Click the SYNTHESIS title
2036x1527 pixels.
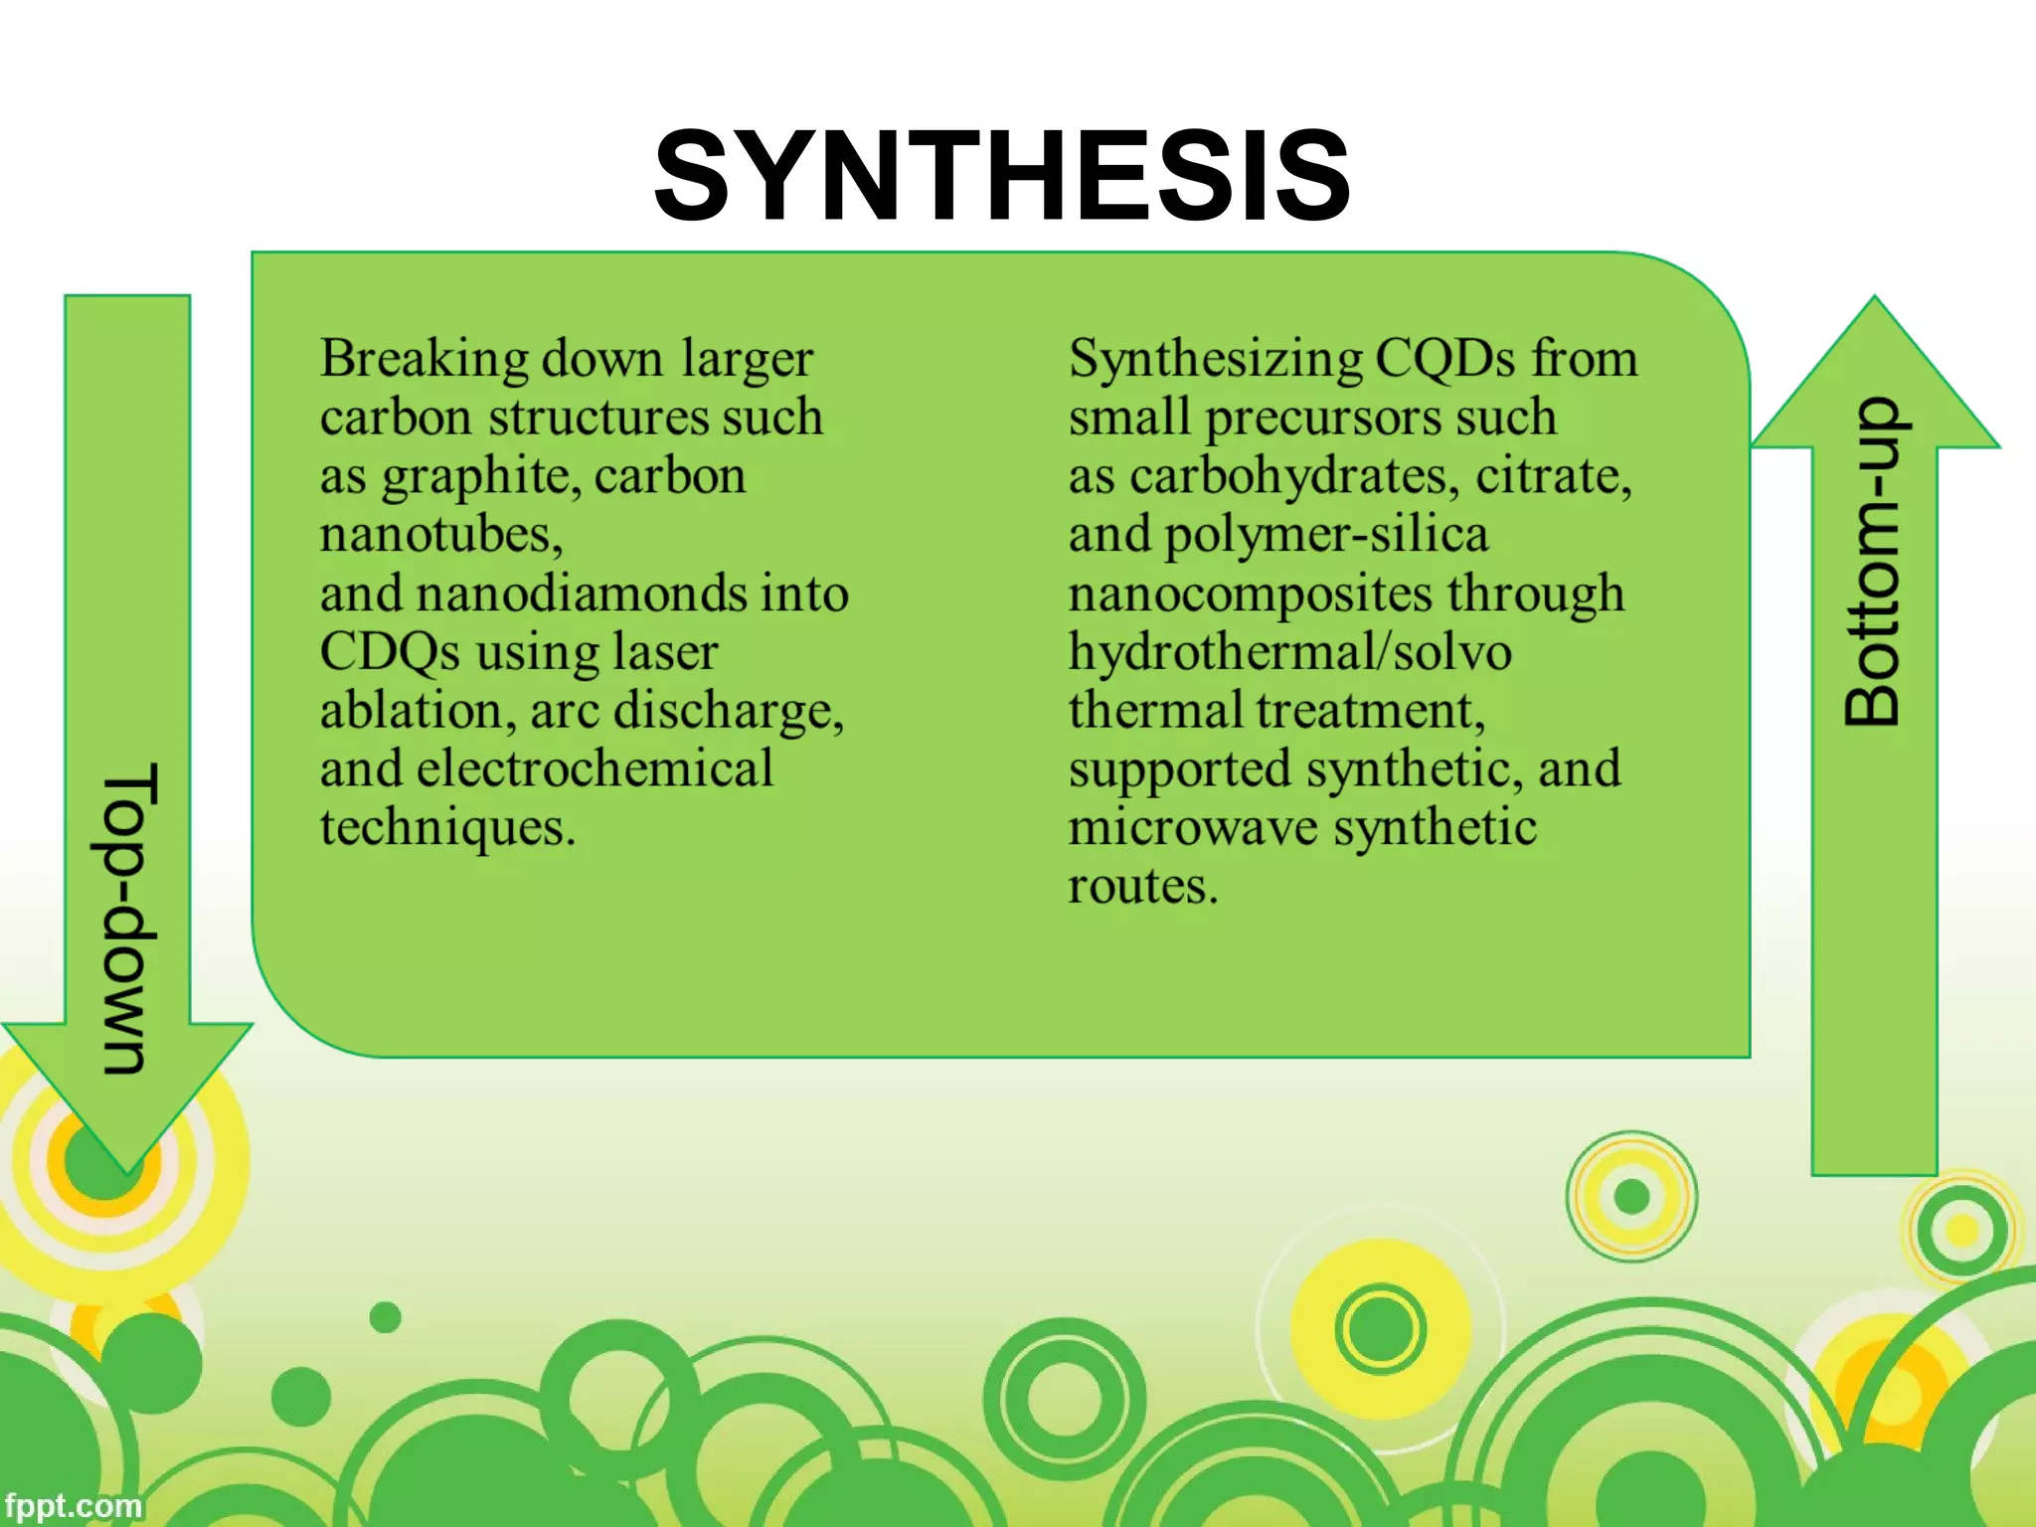[x=1002, y=177]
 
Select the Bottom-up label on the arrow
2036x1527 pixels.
[x=1873, y=562]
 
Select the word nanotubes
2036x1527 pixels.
[x=438, y=535]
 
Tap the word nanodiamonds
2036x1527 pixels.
[x=583, y=594]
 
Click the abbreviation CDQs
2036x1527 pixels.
[x=390, y=652]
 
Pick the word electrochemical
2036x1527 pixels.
[x=594, y=769]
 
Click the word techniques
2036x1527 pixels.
[x=445, y=828]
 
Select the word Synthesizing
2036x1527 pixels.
[x=1215, y=360]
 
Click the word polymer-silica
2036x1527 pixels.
[x=1326, y=536]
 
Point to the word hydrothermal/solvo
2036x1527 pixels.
[x=1289, y=653]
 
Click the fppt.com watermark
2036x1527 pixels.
[x=72, y=1506]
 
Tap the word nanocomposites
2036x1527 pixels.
[x=1250, y=594]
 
